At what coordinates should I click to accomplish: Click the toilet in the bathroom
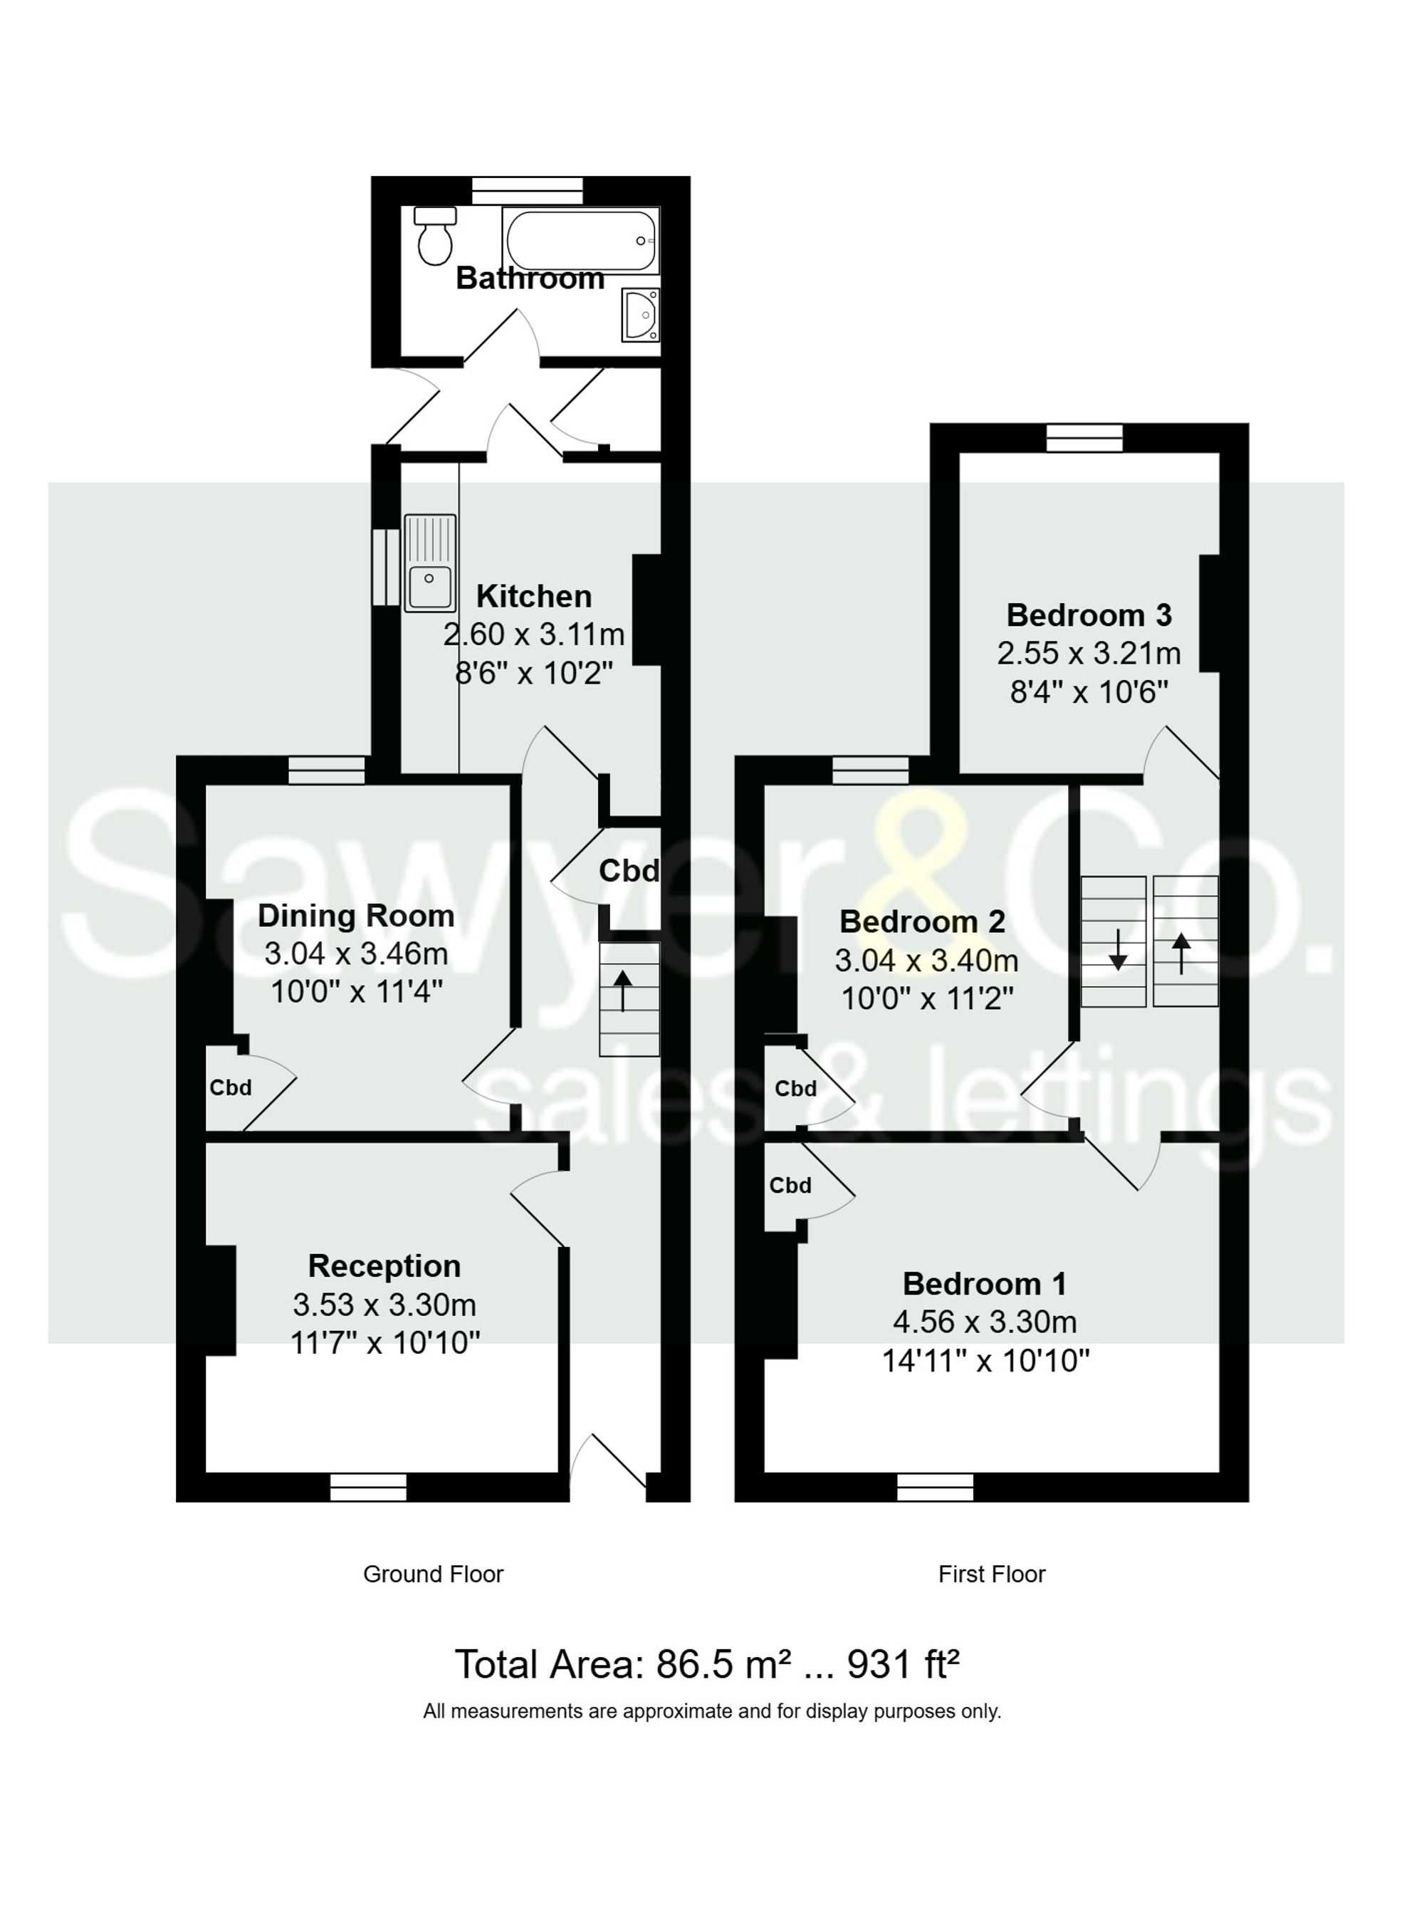[x=434, y=236]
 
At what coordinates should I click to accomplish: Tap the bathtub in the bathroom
[x=580, y=241]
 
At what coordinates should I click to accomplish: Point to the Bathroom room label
[x=529, y=278]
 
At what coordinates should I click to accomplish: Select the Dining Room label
[x=356, y=915]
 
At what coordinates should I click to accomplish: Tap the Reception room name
[x=384, y=1265]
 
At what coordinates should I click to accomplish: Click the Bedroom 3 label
[x=1089, y=615]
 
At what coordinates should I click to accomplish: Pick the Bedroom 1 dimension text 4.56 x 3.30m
[x=985, y=1322]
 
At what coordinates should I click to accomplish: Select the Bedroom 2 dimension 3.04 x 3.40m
[x=926, y=959]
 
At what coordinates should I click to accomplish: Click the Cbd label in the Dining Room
[x=230, y=1088]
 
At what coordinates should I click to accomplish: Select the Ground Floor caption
[x=433, y=1574]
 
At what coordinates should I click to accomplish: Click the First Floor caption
[x=991, y=1574]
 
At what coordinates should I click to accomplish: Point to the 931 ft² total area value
[x=904, y=1664]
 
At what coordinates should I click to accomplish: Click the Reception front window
[x=368, y=1487]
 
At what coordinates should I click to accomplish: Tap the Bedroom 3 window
[x=1084, y=437]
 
